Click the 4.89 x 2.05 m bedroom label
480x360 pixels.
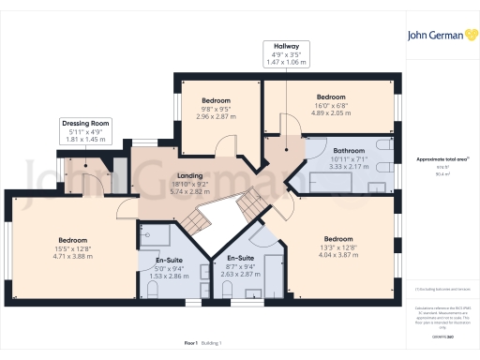[x=330, y=105]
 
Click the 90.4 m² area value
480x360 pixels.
[x=442, y=173]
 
